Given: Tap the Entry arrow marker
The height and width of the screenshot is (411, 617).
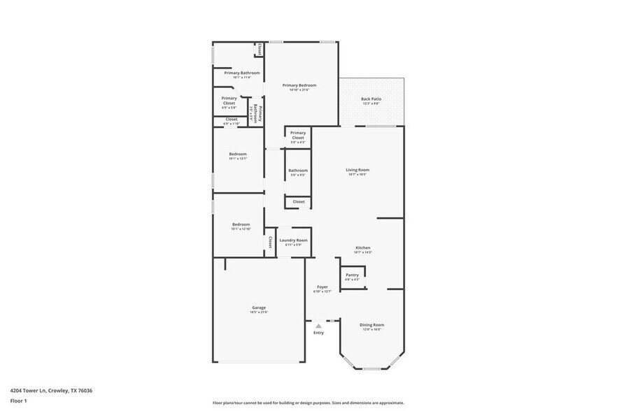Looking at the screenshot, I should (x=318, y=326).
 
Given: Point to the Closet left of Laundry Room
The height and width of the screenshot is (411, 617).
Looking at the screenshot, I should (x=269, y=242).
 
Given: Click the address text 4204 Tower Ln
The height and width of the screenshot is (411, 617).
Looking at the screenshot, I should (x=51, y=391).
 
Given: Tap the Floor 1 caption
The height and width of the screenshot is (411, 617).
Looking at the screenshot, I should (x=18, y=401).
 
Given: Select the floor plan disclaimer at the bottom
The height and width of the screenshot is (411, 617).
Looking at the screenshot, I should (x=308, y=403).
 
